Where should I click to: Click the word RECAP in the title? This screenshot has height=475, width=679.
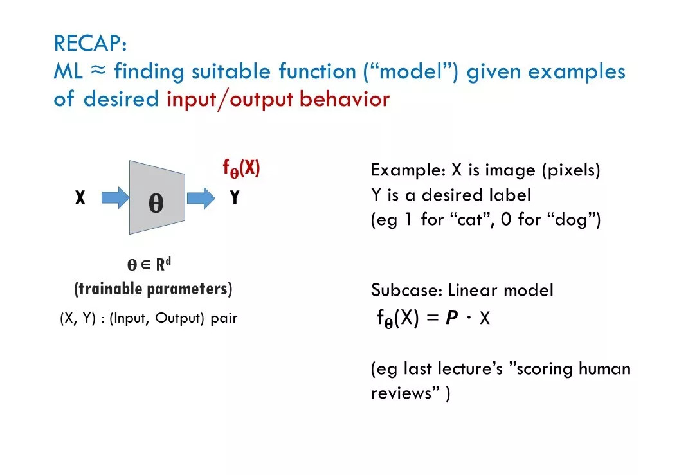click(x=87, y=43)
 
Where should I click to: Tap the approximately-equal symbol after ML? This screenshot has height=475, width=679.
click(x=98, y=69)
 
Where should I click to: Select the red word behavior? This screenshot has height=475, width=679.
click(x=345, y=99)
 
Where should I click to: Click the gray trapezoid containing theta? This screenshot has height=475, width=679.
click(x=157, y=197)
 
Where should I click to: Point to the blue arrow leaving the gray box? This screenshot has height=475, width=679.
click(x=201, y=199)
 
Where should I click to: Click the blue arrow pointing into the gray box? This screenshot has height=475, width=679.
click(x=115, y=198)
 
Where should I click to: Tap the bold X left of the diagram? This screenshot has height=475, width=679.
click(x=80, y=197)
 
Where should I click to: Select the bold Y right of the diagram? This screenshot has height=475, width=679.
click(x=235, y=197)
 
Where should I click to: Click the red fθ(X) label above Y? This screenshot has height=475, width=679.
click(x=241, y=168)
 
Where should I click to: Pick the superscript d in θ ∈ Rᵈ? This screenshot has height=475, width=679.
click(x=168, y=261)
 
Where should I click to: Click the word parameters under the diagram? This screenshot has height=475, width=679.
click(x=188, y=289)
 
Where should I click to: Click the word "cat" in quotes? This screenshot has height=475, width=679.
click(x=469, y=219)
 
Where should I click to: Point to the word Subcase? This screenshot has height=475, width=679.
click(x=406, y=290)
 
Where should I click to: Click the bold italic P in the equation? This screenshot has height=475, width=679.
click(x=451, y=318)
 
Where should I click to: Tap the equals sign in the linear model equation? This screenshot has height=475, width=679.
click(x=433, y=318)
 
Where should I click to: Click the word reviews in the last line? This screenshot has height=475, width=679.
click(x=401, y=393)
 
